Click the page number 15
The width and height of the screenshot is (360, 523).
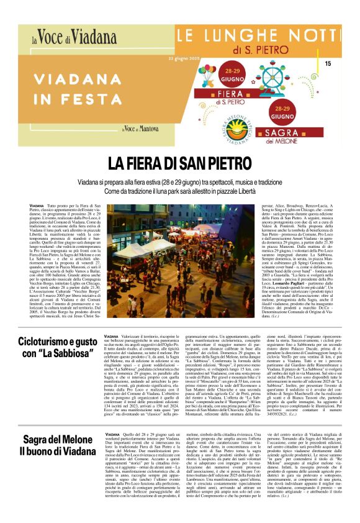point(328,63)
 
